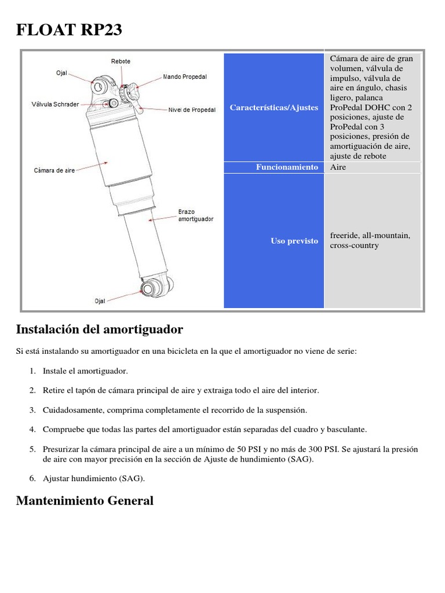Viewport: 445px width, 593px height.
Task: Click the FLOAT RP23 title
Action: pyautogui.click(x=69, y=30)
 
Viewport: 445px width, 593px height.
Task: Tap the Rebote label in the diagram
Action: pyautogui.click(x=121, y=61)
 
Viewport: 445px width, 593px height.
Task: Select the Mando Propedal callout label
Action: pyautogui.click(x=185, y=76)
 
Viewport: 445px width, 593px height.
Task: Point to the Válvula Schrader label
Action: pyautogui.click(x=55, y=105)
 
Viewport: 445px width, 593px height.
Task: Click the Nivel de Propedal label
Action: pyautogui.click(x=192, y=109)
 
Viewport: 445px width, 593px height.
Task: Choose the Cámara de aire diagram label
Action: pyautogui.click(x=54, y=171)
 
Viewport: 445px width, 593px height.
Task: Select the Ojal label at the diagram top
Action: pyautogui.click(x=62, y=73)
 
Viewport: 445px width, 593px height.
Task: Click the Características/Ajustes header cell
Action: pyautogui.click(x=273, y=108)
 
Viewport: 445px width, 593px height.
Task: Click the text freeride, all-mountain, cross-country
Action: pyautogui.click(x=370, y=240)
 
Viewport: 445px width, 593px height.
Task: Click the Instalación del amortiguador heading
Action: pyautogui.click(x=100, y=330)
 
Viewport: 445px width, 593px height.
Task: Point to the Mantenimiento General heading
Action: pyautogui.click(x=85, y=501)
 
